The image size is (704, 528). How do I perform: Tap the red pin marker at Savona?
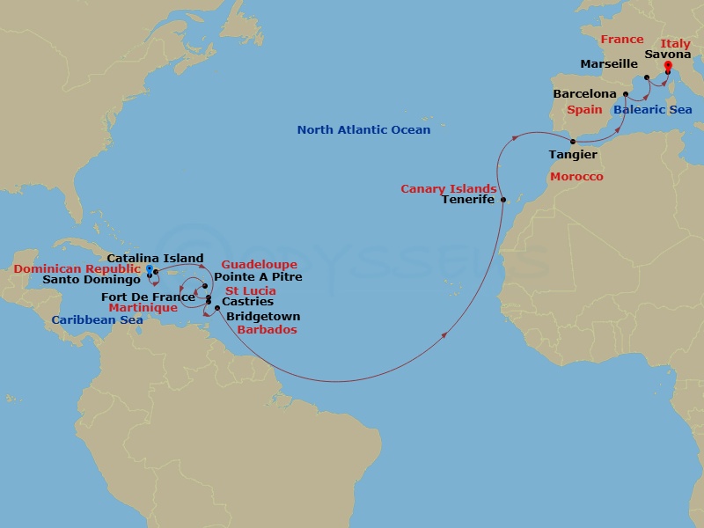(668, 66)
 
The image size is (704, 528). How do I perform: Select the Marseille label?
(609, 64)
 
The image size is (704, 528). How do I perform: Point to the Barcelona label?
(584, 94)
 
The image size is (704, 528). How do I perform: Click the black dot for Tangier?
(574, 142)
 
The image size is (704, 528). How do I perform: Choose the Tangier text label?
(573, 155)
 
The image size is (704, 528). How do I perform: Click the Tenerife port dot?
(503, 201)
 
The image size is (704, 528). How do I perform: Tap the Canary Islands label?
(449, 189)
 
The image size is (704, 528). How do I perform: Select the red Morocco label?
(576, 177)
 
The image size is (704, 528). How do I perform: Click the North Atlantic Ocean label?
(363, 130)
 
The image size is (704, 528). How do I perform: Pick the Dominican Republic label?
(77, 268)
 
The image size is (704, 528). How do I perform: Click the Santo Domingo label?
(92, 281)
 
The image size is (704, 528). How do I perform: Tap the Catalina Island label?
(156, 258)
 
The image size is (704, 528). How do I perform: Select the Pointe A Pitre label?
(258, 277)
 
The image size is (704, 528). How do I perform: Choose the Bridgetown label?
(263, 317)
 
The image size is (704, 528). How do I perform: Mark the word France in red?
(621, 40)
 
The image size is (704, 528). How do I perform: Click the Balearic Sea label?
(653, 110)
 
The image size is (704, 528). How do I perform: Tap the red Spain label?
(584, 111)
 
